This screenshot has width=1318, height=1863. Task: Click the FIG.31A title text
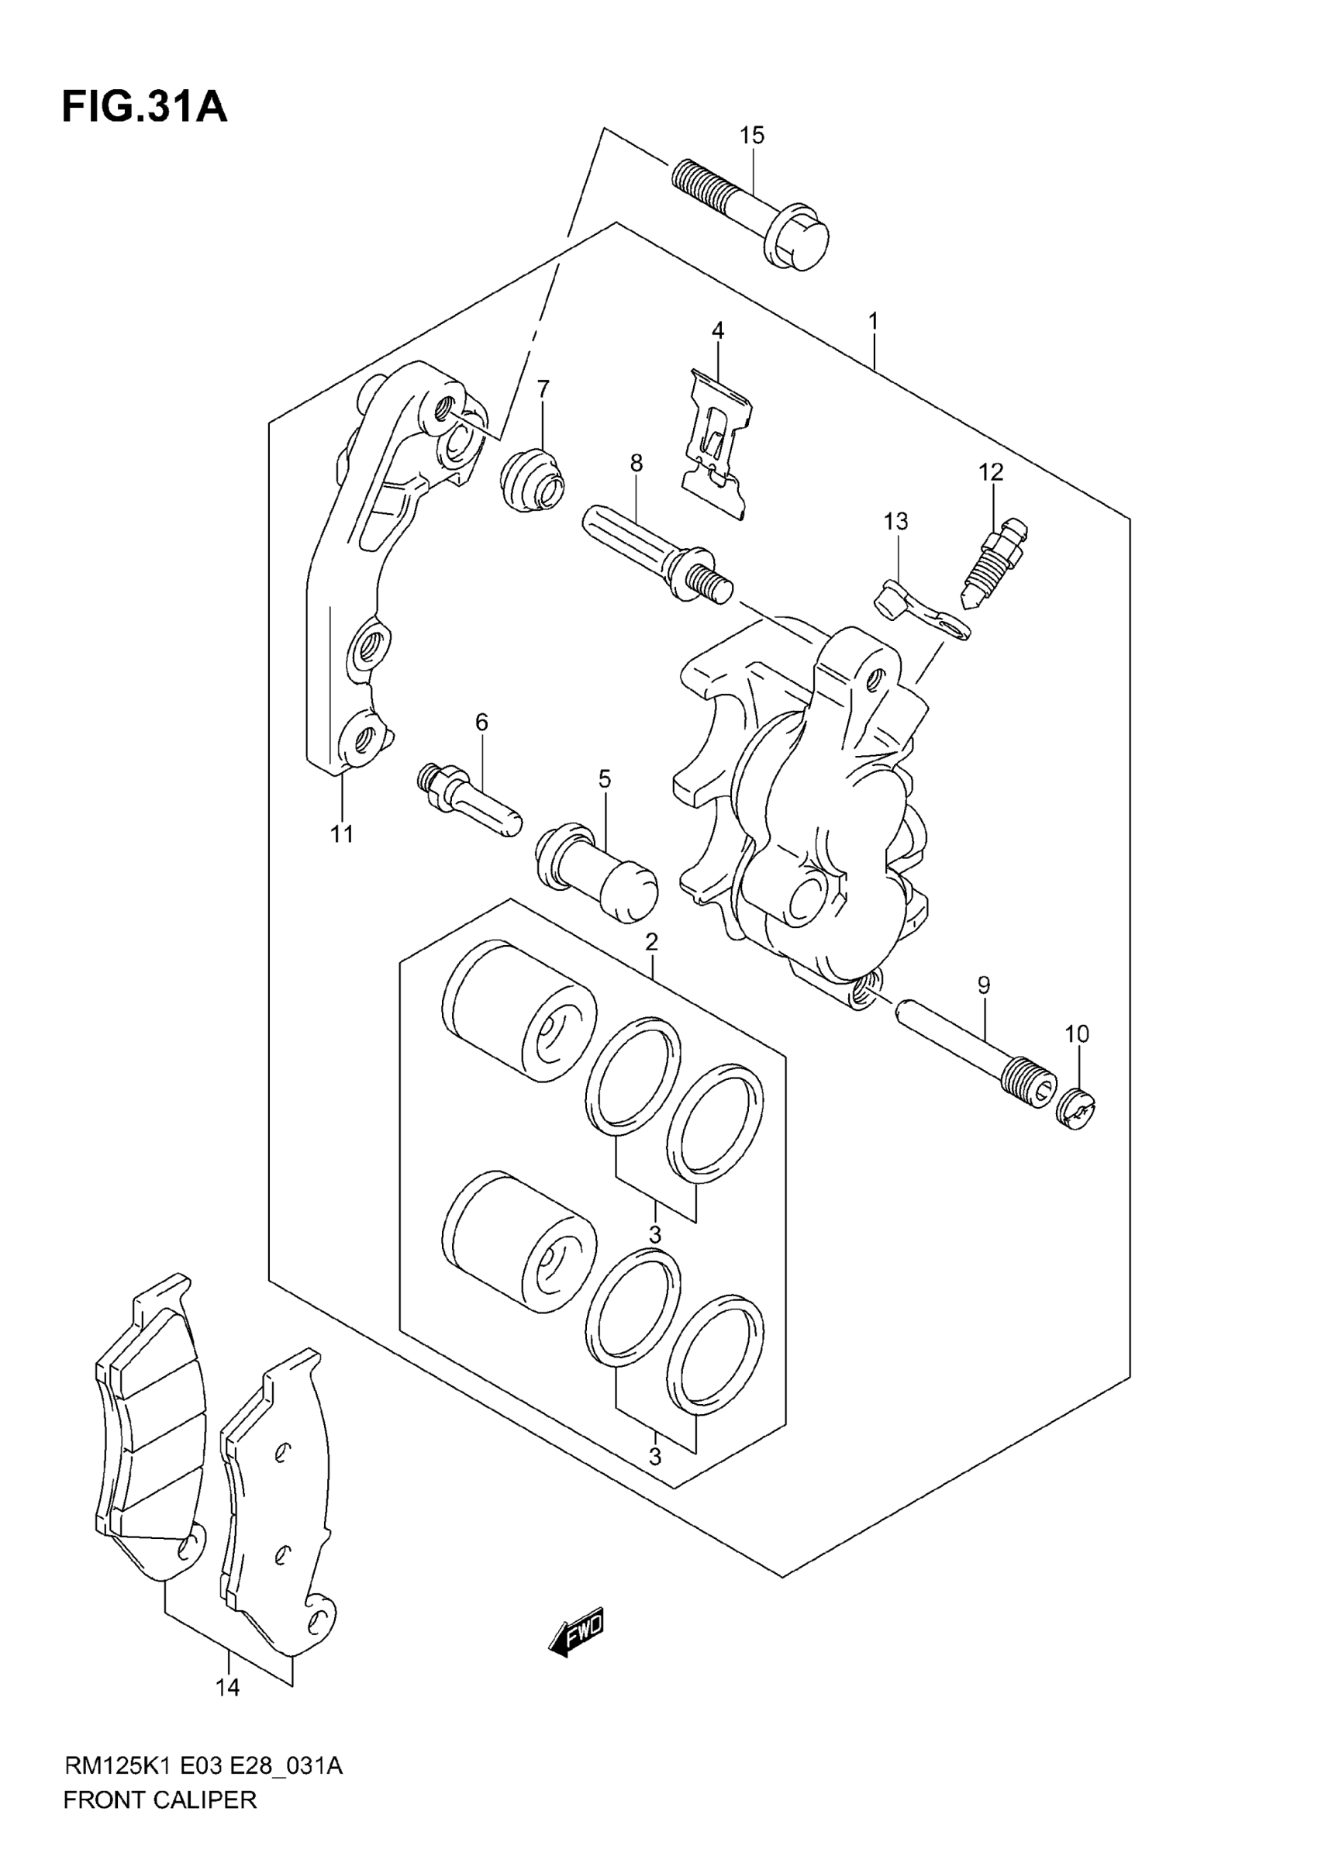pyautogui.click(x=144, y=108)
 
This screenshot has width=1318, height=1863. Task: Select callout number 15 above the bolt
pyautogui.click(x=751, y=136)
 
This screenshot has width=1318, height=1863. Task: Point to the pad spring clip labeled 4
pyautogui.click(x=717, y=443)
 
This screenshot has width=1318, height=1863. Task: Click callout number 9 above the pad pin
pyautogui.click(x=984, y=986)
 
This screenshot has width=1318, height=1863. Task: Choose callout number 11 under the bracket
pyautogui.click(x=342, y=833)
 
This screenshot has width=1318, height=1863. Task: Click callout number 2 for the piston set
pyautogui.click(x=651, y=942)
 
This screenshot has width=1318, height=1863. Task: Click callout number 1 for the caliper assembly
pyautogui.click(x=873, y=321)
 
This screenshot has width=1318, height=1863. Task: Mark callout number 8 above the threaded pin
pyautogui.click(x=637, y=464)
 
